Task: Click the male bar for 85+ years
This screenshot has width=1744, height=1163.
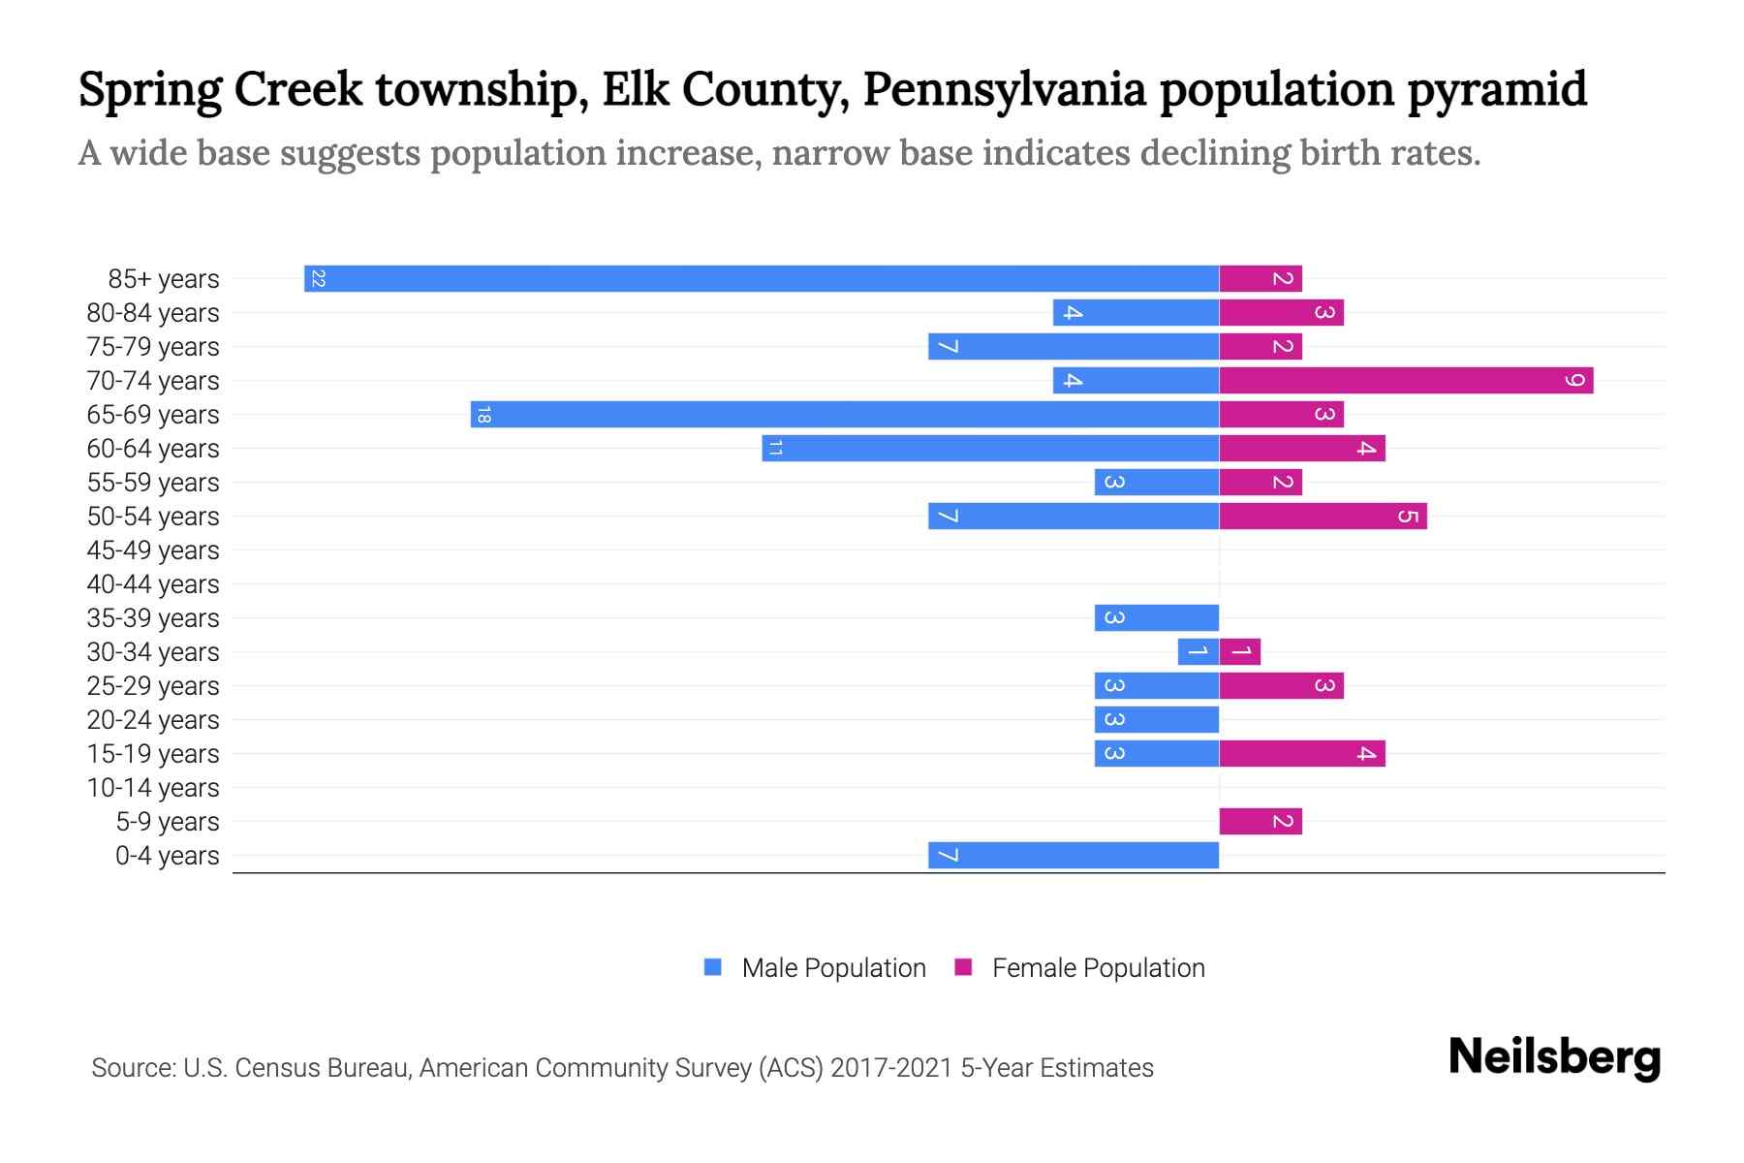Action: (x=762, y=279)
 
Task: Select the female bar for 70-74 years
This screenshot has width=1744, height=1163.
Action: (x=1406, y=381)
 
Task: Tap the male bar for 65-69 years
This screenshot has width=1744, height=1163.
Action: (x=845, y=415)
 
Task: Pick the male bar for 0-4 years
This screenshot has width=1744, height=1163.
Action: (x=1074, y=856)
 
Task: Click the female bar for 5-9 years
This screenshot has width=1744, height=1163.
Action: (x=1261, y=822)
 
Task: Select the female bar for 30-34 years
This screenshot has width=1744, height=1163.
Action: (x=1240, y=652)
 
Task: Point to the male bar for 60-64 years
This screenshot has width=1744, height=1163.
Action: (x=990, y=449)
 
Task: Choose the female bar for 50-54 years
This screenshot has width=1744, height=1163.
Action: (x=1323, y=517)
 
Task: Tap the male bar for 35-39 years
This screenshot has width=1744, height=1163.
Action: (x=1157, y=618)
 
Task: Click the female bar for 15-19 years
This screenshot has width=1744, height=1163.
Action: (x=1302, y=754)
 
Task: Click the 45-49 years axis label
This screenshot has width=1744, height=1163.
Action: (x=153, y=550)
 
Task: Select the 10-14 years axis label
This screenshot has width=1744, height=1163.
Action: (x=153, y=788)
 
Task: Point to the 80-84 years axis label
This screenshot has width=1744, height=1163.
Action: (x=153, y=313)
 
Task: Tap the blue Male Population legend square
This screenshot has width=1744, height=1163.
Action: (x=713, y=967)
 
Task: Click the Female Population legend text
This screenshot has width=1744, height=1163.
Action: (x=1098, y=968)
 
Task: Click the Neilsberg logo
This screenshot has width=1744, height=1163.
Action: (x=1554, y=1057)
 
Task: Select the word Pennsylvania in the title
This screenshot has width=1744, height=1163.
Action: (x=1005, y=90)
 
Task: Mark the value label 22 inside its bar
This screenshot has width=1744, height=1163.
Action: (x=318, y=279)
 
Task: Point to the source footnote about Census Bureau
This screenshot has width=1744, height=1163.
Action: (x=622, y=1068)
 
